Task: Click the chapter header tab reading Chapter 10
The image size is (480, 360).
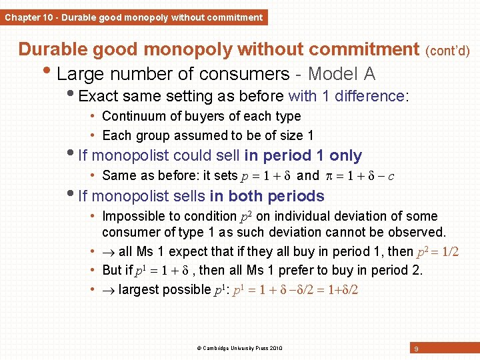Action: (133, 17)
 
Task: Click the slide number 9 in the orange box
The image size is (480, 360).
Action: (416, 349)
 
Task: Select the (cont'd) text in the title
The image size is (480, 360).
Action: (447, 51)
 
